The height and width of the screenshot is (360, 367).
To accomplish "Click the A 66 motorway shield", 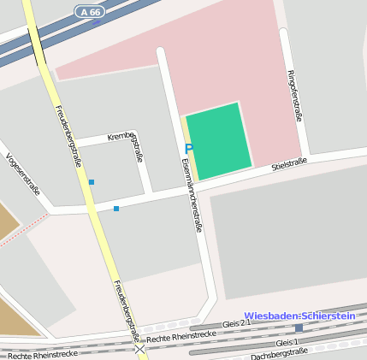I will click(x=89, y=11).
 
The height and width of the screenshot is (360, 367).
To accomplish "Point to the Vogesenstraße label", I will click(x=22, y=174).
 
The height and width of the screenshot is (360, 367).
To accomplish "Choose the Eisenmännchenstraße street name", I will click(x=192, y=196).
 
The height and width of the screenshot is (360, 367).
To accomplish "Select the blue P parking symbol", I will click(x=188, y=149).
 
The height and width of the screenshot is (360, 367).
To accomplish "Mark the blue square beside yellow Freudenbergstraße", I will click(x=92, y=181).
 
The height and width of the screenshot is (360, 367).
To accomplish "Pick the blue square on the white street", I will click(x=116, y=208).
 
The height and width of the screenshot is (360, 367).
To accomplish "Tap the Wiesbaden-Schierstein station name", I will click(x=299, y=316).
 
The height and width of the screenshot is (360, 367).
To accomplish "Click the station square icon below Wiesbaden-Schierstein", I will click(x=299, y=328).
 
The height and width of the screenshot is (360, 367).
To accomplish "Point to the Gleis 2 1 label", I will click(x=236, y=324).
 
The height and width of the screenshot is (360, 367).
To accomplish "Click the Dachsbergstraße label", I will click(x=279, y=353).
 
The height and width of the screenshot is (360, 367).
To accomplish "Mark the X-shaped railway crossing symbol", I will click(x=139, y=349).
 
